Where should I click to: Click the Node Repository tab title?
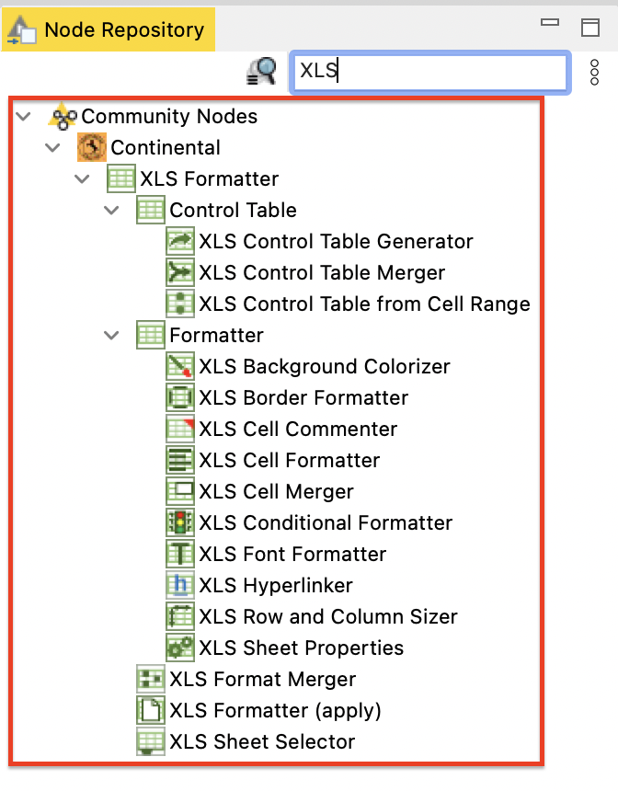[x=124, y=29]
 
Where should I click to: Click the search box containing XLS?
[x=430, y=73]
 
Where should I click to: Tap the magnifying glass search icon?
[x=262, y=71]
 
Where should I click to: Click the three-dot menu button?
[x=595, y=72]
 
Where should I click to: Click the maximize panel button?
[x=590, y=28]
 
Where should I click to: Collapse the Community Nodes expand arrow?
[x=23, y=117]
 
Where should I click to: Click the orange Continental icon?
[x=92, y=147]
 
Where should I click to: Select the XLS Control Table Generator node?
[x=336, y=242]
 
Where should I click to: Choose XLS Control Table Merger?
[x=322, y=273]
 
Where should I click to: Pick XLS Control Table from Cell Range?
[x=365, y=304]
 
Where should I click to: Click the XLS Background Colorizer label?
[x=325, y=367]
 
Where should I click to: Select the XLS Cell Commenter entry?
[x=298, y=430]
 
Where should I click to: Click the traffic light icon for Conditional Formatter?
[x=180, y=522]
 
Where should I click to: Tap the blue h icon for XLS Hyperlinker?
[x=180, y=585]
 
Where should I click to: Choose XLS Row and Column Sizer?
[x=328, y=617]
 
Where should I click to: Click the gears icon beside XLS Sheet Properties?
[x=180, y=648]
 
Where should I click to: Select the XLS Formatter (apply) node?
[x=276, y=711]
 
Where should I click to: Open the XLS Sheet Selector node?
[x=262, y=742]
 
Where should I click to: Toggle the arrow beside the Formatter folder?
[x=111, y=336]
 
